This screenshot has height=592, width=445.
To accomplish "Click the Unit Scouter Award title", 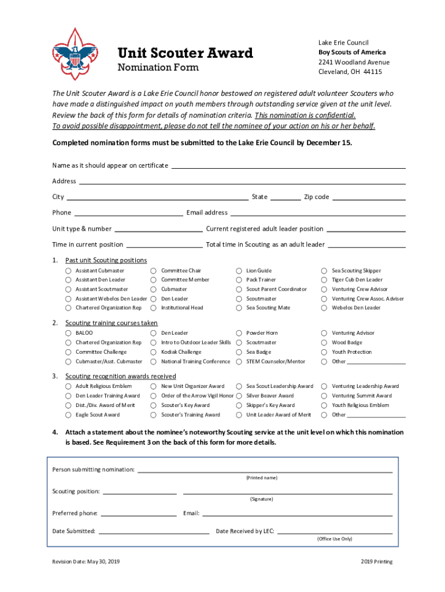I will tap(185, 53).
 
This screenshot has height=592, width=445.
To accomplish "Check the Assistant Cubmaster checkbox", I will tap(68, 271).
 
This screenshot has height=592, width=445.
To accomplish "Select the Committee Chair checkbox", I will tap(153, 271).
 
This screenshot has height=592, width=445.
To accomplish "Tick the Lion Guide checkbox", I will tap(239, 271).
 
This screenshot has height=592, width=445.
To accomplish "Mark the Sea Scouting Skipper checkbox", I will tap(324, 271).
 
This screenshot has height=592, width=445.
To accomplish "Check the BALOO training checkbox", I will tap(68, 333).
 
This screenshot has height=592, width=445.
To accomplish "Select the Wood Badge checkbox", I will tap(324, 342).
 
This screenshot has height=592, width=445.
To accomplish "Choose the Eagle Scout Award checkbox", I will tap(68, 415).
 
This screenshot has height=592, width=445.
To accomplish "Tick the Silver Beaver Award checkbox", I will tap(239, 396).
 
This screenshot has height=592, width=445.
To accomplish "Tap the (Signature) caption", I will tap(261, 499).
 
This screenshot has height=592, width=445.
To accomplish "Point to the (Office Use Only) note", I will tap(334, 539).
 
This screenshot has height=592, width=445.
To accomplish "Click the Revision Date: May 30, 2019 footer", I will tap(86, 562).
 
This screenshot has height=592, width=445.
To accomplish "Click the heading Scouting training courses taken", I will tap(111, 323).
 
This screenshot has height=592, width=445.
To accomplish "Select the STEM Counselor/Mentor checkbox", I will tap(239, 361).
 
